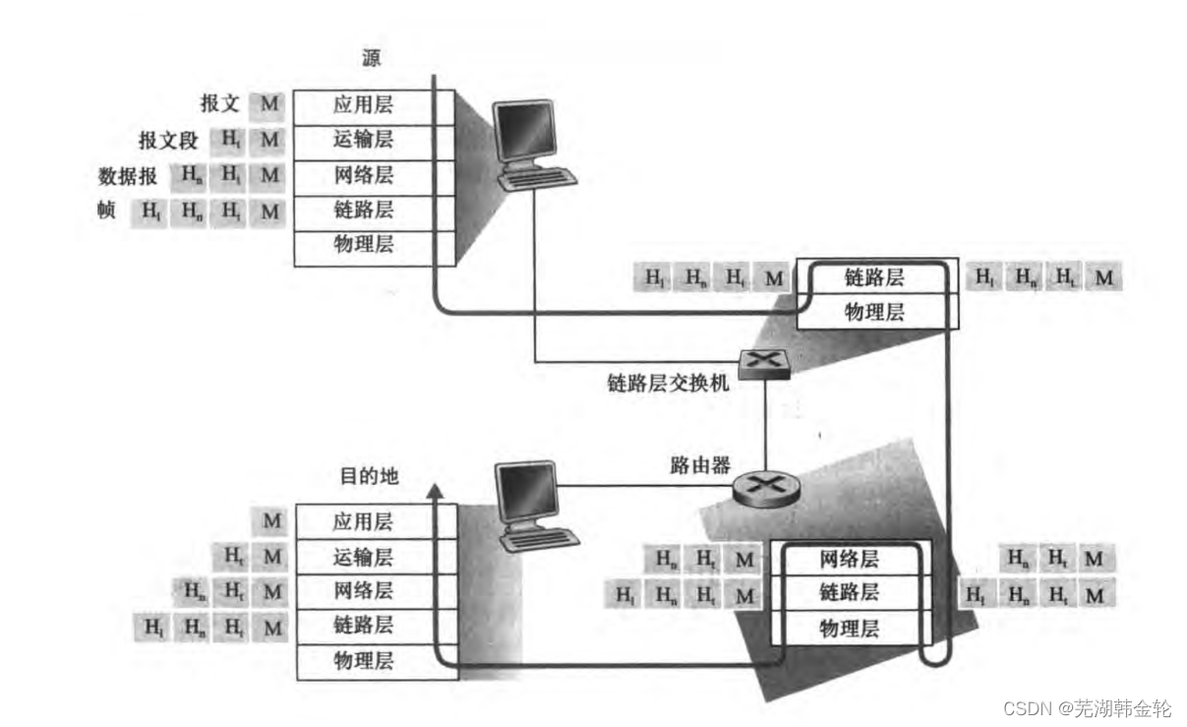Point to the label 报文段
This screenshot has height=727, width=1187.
[x=168, y=141]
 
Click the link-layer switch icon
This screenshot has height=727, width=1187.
[x=765, y=363]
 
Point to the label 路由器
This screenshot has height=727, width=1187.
[x=691, y=462]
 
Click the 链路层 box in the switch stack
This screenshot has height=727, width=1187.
[x=873, y=277]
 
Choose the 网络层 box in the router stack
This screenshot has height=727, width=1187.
[x=849, y=560]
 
